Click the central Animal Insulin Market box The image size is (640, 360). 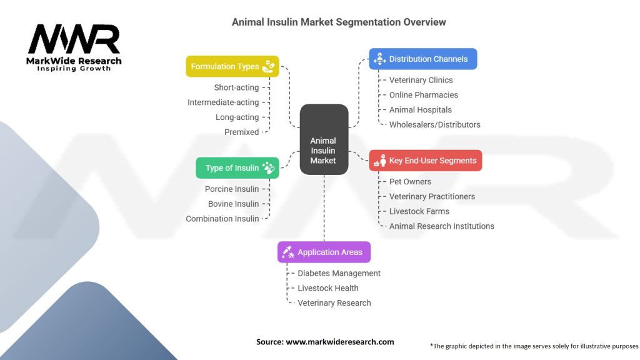coord(323,139)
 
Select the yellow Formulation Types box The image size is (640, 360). coord(232,66)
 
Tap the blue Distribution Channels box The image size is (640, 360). coord(422,59)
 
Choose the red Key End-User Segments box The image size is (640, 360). coord(425,161)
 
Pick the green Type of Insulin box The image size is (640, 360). coord(237,167)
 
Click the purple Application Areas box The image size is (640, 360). coord(324,252)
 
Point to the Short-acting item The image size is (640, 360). coord(236,87)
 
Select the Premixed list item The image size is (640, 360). coord(241,132)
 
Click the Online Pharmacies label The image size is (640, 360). coord(423,95)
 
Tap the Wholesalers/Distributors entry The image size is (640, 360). coord(434,124)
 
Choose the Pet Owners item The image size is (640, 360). coord(410,181)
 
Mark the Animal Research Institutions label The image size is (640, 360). coord(441,226)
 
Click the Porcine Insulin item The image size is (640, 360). coord(231,189)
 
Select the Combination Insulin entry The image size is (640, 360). coord(222,219)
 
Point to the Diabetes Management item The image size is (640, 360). coord(339,273)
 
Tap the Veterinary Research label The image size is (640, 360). coord(334,303)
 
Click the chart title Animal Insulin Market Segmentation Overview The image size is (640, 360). coord(339,22)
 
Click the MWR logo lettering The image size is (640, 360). coord(74,41)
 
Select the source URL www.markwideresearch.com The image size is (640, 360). coord(339,342)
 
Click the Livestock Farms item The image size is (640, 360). coord(419,211)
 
